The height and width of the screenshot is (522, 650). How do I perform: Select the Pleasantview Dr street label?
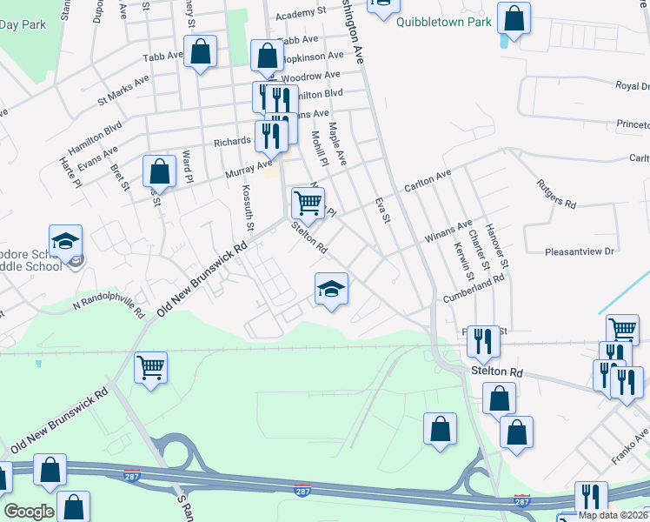pyautogui.click(x=580, y=251)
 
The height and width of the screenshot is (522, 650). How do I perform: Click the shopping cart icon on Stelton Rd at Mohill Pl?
pyautogui.click(x=308, y=204)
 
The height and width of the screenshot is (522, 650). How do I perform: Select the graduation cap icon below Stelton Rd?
pyautogui.click(x=331, y=289)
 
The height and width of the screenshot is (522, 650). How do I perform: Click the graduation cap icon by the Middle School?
pyautogui.click(x=65, y=241)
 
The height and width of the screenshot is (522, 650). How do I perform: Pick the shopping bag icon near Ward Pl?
pyautogui.click(x=159, y=171)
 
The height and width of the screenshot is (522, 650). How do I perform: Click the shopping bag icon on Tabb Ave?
pyautogui.click(x=201, y=51)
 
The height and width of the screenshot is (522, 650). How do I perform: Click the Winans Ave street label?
pyautogui.click(x=448, y=231)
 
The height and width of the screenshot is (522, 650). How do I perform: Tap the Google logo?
pyautogui.click(x=29, y=511)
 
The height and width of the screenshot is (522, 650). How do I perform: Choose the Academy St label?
pyautogui.click(x=301, y=15)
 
